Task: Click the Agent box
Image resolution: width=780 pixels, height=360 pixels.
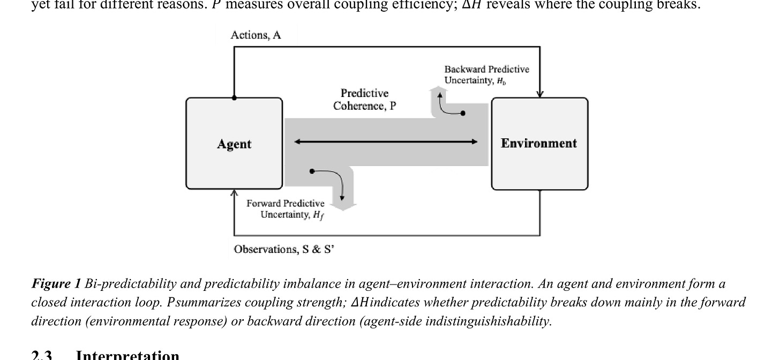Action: [234, 144]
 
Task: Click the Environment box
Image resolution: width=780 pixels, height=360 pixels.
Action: [539, 144]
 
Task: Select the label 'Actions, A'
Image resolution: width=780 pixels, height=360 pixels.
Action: [256, 35]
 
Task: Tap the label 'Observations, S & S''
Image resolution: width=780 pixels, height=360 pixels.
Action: [284, 249]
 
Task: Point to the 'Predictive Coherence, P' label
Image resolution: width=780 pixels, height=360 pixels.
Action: [365, 100]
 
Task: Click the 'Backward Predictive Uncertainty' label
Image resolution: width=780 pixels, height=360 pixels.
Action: [486, 74]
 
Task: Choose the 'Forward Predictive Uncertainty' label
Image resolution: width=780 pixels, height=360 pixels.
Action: [286, 209]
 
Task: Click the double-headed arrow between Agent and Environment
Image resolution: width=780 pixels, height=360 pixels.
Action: [386, 141]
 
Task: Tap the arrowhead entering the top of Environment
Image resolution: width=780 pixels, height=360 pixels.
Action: [540, 94]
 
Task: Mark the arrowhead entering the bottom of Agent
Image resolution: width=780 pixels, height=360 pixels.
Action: [234, 193]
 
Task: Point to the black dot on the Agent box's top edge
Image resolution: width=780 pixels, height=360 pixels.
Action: [234, 98]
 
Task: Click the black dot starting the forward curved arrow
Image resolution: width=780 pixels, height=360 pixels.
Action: [312, 171]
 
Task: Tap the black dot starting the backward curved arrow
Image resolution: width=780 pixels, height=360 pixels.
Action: [463, 113]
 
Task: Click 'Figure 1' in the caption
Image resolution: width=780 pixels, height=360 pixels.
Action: [56, 283]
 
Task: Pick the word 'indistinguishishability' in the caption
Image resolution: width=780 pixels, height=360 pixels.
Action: [493, 321]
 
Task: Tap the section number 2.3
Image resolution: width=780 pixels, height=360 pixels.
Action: [42, 355]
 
